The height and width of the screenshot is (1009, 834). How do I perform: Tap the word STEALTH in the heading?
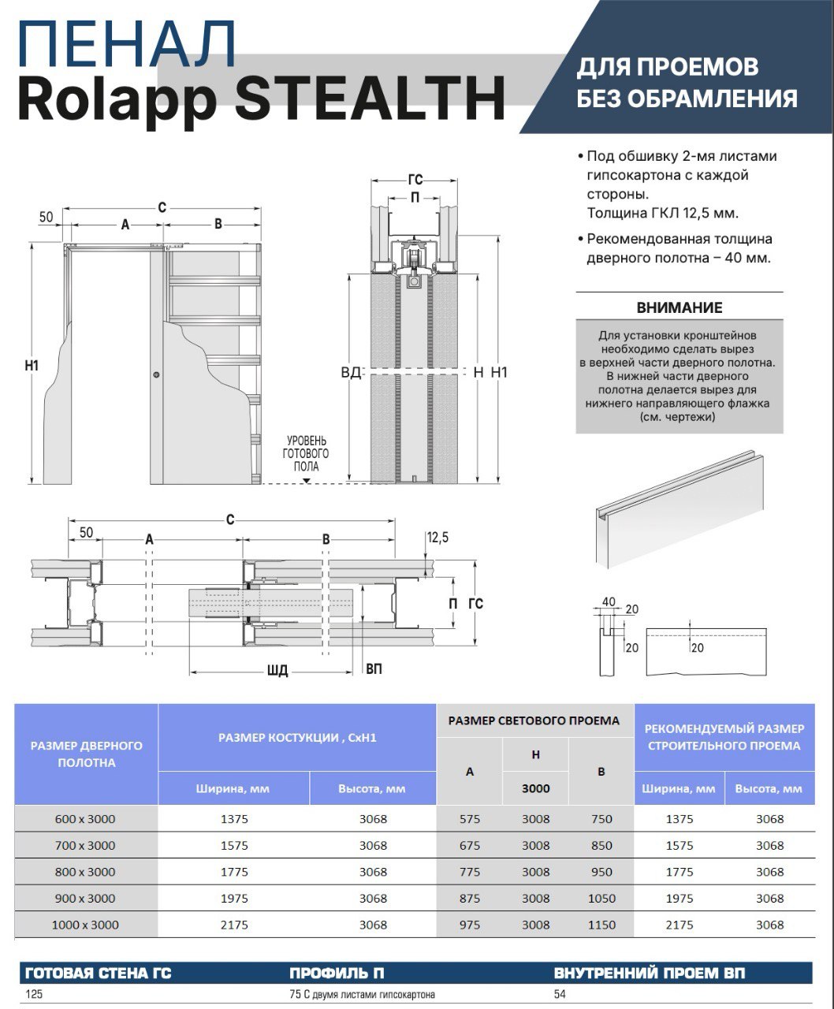[x=370, y=97]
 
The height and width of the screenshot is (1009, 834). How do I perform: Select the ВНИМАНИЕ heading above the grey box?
[x=679, y=307]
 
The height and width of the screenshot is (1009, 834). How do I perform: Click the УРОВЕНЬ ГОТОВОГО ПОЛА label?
[x=306, y=454]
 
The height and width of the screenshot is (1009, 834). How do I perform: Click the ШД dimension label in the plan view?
[x=277, y=671]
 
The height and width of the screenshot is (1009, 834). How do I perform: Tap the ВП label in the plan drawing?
[x=374, y=669]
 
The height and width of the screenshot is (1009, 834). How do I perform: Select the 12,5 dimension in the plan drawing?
[x=437, y=538]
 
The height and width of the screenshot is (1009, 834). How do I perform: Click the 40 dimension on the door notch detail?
[x=609, y=602]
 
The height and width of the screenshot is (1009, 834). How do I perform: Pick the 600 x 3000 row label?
[x=85, y=819]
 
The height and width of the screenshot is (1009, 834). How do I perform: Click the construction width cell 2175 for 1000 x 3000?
[x=234, y=925]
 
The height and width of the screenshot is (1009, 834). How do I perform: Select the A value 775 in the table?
[x=469, y=872]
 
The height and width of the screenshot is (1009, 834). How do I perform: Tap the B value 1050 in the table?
[x=601, y=898]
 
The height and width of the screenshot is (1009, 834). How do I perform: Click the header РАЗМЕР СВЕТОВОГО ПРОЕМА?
[x=534, y=720]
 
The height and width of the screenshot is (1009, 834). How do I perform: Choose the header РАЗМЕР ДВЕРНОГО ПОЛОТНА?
[x=87, y=754]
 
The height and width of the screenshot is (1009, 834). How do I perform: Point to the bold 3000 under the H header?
[x=535, y=788]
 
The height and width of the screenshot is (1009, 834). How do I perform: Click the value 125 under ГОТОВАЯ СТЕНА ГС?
[x=34, y=995]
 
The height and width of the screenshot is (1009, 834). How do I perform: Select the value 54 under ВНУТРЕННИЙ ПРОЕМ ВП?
[x=560, y=995]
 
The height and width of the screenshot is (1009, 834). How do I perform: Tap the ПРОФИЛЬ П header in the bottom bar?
[x=337, y=974]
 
